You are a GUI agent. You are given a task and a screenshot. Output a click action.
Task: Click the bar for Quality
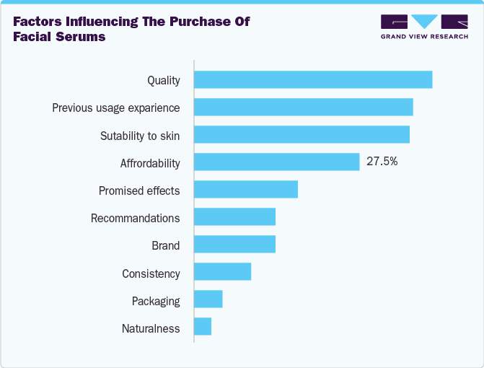(x=313, y=80)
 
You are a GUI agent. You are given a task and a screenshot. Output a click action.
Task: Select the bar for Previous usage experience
(x=303, y=108)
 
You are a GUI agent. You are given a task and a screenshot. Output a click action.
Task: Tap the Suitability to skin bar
(x=302, y=135)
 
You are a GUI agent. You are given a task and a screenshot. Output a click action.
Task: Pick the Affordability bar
(x=276, y=162)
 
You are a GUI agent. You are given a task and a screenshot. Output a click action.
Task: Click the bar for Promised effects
(x=246, y=190)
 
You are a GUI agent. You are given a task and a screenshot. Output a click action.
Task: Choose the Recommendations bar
(x=234, y=217)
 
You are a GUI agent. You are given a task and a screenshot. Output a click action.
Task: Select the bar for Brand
(x=234, y=245)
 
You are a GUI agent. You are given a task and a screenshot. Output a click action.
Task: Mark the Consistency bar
(x=222, y=272)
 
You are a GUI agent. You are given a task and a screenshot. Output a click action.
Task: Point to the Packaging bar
(x=208, y=299)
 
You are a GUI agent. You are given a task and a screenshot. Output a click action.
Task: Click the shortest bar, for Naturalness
(x=203, y=327)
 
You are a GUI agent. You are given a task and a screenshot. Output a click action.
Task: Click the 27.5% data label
(x=382, y=162)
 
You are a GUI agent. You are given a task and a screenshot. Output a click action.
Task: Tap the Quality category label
(x=163, y=80)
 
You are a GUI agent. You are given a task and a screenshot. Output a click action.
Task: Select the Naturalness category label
(x=151, y=329)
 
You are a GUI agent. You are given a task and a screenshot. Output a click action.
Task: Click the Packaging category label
(x=156, y=302)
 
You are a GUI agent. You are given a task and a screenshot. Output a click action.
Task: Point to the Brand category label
(x=165, y=246)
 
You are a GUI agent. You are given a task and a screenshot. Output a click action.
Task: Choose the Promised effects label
(x=139, y=191)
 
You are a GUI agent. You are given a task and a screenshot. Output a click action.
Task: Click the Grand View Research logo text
(x=424, y=36)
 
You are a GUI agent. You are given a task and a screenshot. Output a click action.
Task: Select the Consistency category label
(x=151, y=274)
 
